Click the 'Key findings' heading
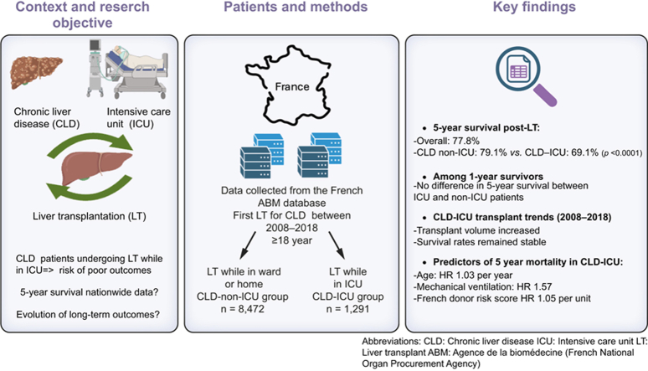click(x=534, y=7)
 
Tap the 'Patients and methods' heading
click(x=296, y=7)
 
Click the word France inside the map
click(x=292, y=86)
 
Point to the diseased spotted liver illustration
click(x=36, y=72)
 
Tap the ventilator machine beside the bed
click(x=95, y=67)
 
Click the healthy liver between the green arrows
click(x=95, y=167)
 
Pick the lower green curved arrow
click(x=89, y=189)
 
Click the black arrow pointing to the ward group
click(x=248, y=245)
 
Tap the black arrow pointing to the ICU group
click(x=337, y=245)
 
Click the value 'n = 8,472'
click(x=243, y=309)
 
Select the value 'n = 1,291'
click(x=348, y=309)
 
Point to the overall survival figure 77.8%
click(x=465, y=141)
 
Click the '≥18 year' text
click(x=291, y=240)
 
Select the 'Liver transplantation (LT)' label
click(x=90, y=216)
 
